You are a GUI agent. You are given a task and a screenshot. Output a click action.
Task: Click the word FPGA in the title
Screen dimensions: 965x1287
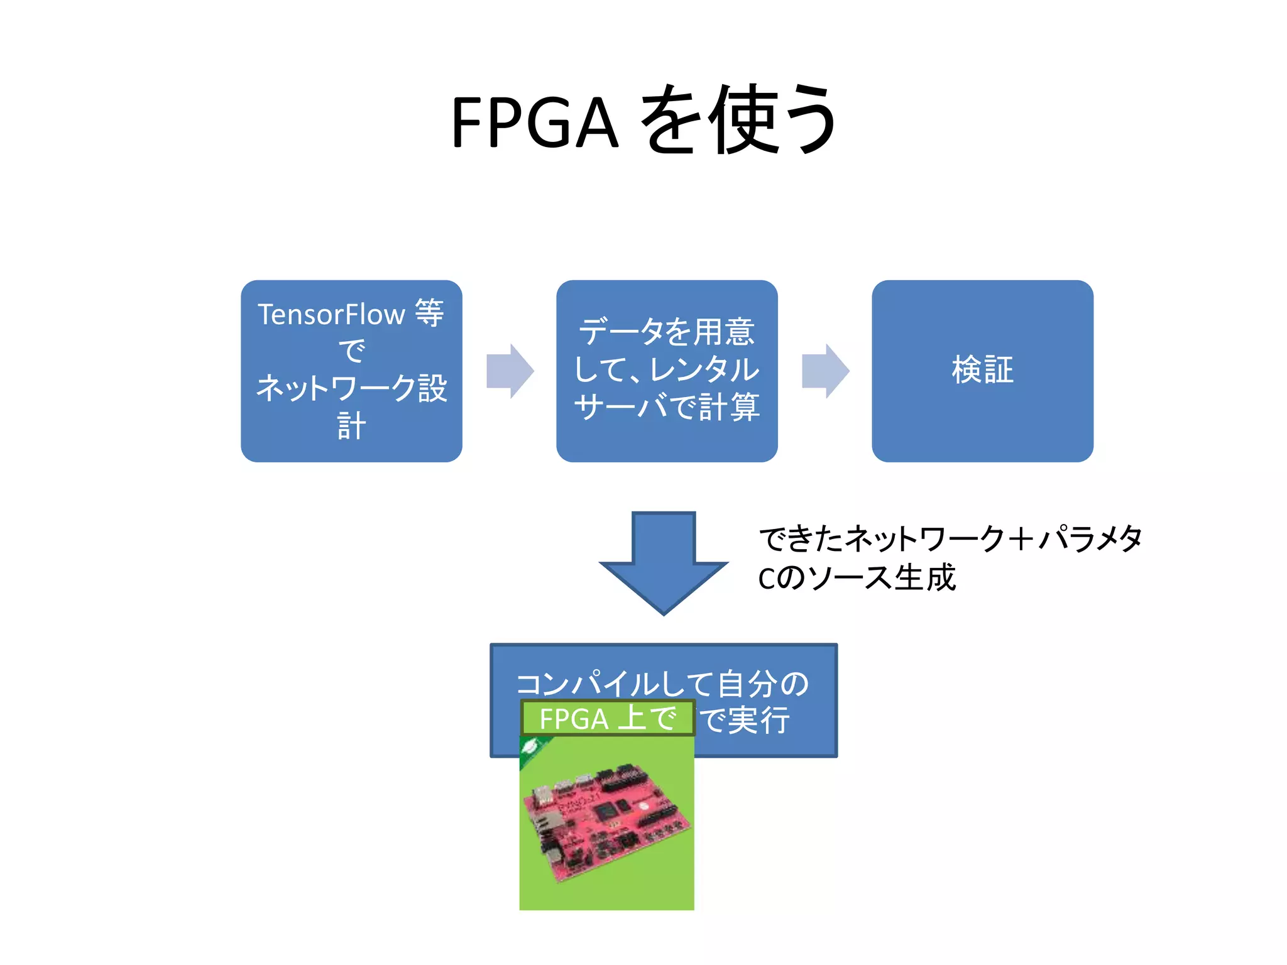tap(534, 123)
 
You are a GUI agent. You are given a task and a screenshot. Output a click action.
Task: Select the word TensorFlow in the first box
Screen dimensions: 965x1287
tap(331, 315)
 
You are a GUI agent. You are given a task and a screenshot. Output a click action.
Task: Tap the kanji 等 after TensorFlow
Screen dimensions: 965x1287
tap(430, 312)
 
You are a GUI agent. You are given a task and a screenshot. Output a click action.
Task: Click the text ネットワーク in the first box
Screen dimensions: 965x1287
tap(336, 388)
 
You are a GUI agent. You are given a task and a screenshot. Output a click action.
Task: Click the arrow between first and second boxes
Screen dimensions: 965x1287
tap(510, 371)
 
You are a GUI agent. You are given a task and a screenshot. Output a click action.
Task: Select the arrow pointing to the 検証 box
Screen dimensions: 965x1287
tap(825, 371)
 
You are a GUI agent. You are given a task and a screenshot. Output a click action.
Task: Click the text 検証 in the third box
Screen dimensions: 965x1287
tap(982, 369)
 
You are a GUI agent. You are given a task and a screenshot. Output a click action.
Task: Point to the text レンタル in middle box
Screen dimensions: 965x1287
tap(704, 369)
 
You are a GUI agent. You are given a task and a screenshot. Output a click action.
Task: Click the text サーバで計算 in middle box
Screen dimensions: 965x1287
tap(667, 406)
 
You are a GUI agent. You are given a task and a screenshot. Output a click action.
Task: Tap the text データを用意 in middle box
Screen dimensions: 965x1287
tap(667, 332)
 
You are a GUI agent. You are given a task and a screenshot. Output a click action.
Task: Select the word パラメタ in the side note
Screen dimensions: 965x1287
tap(1090, 539)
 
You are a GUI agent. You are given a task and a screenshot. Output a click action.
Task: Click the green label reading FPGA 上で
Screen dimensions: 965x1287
tap(607, 718)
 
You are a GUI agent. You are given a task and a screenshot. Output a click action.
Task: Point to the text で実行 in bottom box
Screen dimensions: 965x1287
tap(745, 719)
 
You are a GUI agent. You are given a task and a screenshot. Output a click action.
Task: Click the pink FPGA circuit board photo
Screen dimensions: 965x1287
tap(606, 823)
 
